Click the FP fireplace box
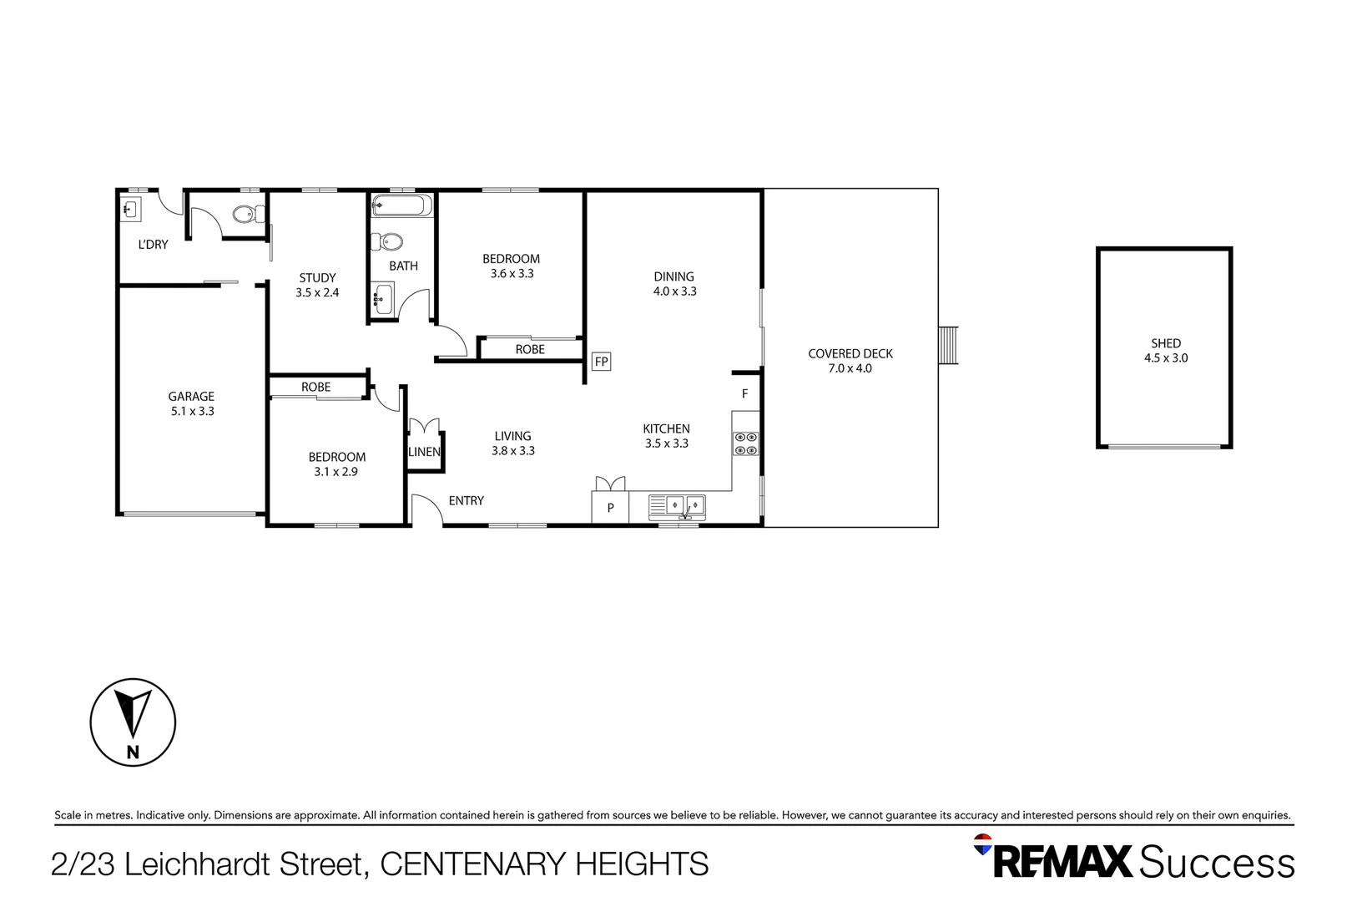pyautogui.click(x=601, y=362)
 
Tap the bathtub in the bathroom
pyautogui.click(x=402, y=205)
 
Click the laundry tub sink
pyautogui.click(x=132, y=209)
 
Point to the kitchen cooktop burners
pyautogui.click(x=746, y=443)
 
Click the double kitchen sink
pyautogui.click(x=684, y=504)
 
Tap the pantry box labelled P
pyautogui.click(x=610, y=507)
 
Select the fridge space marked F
pyautogui.click(x=745, y=393)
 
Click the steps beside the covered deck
pyautogui.click(x=949, y=345)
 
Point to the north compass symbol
pyautogui.click(x=133, y=722)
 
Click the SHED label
pyautogui.click(x=1165, y=343)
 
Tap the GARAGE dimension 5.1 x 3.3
pyautogui.click(x=192, y=411)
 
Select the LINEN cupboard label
pyautogui.click(x=424, y=452)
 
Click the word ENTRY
pyautogui.click(x=466, y=500)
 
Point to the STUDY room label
pyautogui.click(x=317, y=277)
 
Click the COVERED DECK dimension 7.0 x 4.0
pyautogui.click(x=850, y=368)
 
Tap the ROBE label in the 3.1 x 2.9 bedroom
pyautogui.click(x=315, y=387)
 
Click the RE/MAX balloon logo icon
pyautogui.click(x=983, y=844)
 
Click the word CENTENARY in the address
pyautogui.click(x=473, y=864)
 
